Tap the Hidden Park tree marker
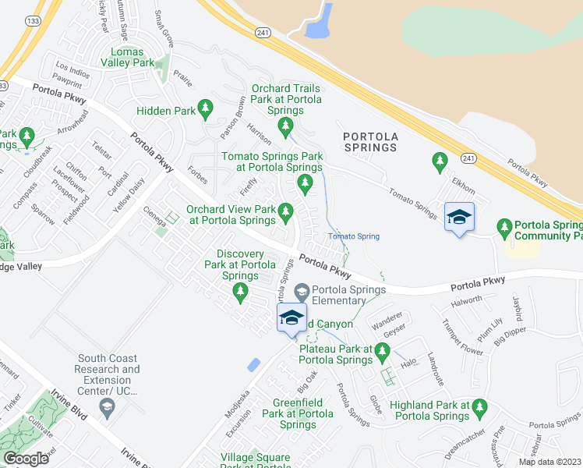tap(206, 106)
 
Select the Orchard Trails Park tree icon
tap(286, 125)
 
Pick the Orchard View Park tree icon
tap(286, 211)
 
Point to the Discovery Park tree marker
tap(241, 292)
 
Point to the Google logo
tap(26, 459)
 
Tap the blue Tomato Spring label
tap(353, 236)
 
